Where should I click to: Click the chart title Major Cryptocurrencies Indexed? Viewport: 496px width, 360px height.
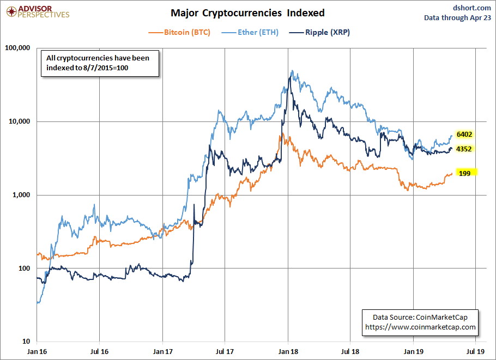click(x=247, y=13)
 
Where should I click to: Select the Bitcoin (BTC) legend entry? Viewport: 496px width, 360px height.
click(x=179, y=32)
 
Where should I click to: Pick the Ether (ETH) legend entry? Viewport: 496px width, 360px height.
click(x=250, y=32)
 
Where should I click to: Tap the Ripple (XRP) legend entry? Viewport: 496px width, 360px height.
click(x=319, y=32)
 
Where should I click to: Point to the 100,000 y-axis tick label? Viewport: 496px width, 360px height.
click(x=17, y=48)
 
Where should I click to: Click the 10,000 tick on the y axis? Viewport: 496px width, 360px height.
click(x=20, y=121)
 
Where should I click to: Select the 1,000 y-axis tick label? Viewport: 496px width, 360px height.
click(x=21, y=194)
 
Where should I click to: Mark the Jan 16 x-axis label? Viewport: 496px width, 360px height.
click(x=37, y=351)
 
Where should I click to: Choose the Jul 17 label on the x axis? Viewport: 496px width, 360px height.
click(x=225, y=351)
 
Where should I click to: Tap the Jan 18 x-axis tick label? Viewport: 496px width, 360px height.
click(x=288, y=351)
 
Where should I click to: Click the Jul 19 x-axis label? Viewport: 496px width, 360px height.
click(x=475, y=351)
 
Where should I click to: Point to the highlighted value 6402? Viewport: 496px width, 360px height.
click(x=464, y=135)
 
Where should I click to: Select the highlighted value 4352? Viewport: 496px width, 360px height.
click(x=464, y=149)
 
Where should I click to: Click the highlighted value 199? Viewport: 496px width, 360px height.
click(x=465, y=173)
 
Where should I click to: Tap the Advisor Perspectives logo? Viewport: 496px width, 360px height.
click(x=38, y=11)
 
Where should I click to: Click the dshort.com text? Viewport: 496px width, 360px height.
click(x=472, y=8)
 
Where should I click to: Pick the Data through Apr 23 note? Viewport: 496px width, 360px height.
click(x=458, y=17)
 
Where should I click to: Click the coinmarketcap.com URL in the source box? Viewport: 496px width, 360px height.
click(x=420, y=327)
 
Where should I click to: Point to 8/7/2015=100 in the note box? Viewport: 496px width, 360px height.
click(x=106, y=68)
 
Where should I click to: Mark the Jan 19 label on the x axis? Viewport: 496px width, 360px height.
click(x=414, y=351)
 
